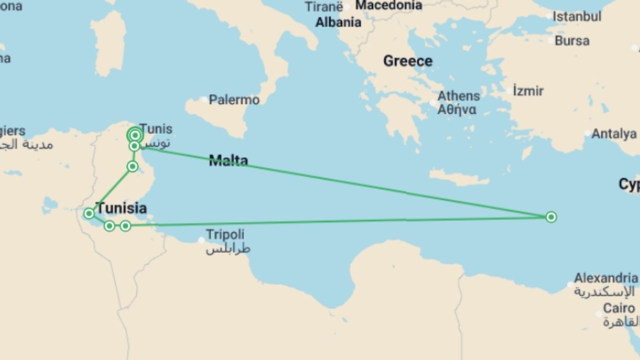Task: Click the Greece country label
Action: [408, 61]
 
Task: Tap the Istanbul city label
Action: [577, 17]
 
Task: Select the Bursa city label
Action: [572, 41]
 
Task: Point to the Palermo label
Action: [234, 100]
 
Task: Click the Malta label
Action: [228, 161]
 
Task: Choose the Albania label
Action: [338, 22]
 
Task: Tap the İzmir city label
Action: [528, 91]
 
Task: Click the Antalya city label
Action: [614, 134]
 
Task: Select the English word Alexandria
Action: [606, 278]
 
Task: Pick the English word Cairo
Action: [619, 308]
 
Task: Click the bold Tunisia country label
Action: [121, 208]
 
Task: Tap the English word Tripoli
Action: [225, 234]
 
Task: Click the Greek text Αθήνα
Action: [457, 110]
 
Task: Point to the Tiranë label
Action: [324, 7]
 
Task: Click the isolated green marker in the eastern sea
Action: [551, 217]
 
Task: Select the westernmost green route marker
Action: [89, 213]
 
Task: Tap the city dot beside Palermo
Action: [204, 99]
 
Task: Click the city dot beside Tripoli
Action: [201, 240]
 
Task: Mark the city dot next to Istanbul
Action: [549, 16]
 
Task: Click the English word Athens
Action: [459, 96]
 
